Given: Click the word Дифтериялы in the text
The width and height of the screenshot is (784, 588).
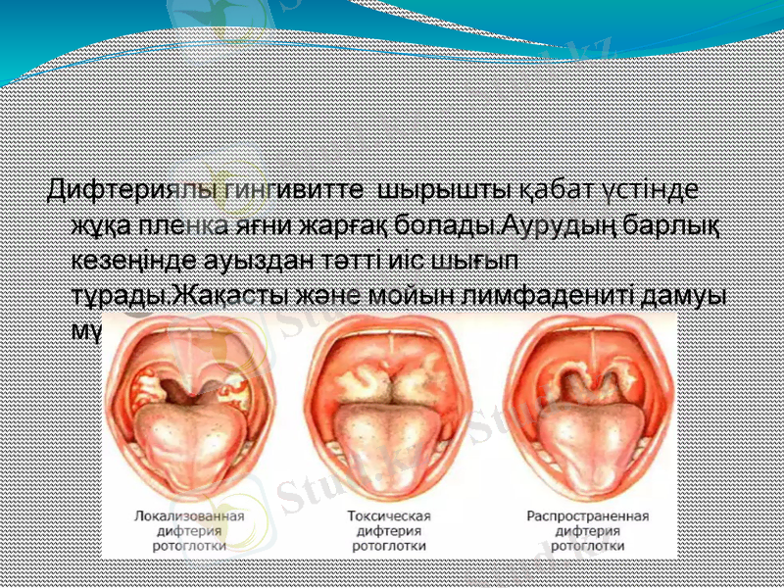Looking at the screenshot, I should (x=121, y=188).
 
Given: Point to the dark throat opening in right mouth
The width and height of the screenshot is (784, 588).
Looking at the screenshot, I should (x=587, y=387).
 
